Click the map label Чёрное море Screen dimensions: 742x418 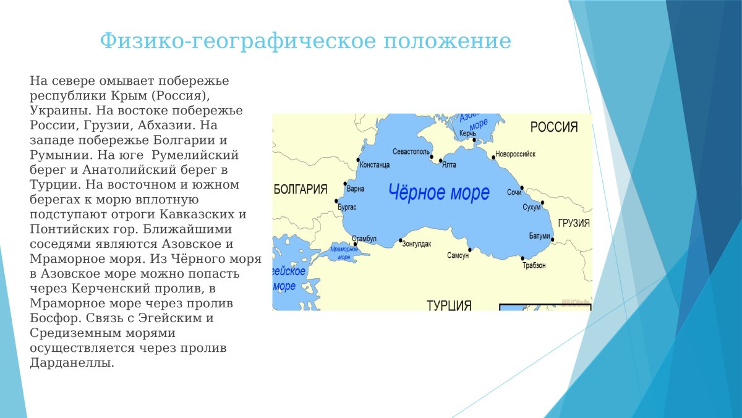click(439, 192)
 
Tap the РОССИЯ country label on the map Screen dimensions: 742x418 click(554, 127)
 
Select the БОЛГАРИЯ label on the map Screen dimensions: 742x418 click(301, 189)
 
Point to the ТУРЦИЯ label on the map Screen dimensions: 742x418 click(449, 305)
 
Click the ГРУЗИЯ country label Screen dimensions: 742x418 click(574, 223)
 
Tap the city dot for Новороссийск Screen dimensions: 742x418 click(493, 158)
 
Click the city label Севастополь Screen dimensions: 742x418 click(411, 151)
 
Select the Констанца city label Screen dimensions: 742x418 click(375, 165)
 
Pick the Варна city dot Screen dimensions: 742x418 click(345, 184)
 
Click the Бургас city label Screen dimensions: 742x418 click(347, 207)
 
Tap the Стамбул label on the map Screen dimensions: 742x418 click(364, 239)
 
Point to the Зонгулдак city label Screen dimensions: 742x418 click(417, 244)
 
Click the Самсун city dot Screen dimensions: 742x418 click(470, 250)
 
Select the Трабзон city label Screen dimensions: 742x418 click(534, 265)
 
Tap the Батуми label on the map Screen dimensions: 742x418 click(540, 236)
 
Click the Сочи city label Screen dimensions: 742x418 click(514, 192)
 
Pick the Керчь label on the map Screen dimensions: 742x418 click(467, 134)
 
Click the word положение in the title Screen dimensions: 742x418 click(448, 41)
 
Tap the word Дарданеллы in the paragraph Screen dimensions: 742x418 click(72, 363)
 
